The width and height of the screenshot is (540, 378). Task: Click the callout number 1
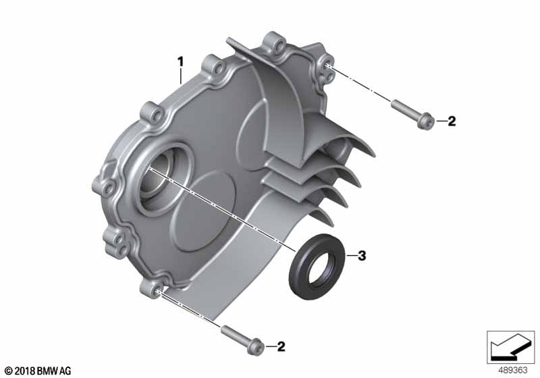(x=180, y=62)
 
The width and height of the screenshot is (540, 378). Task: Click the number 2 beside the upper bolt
(x=452, y=121)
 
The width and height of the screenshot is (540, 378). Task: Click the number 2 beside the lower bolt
(x=281, y=346)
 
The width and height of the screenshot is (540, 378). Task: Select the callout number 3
(x=362, y=256)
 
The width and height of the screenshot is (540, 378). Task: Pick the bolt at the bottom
(x=242, y=340)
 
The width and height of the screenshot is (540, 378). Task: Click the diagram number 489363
(x=513, y=371)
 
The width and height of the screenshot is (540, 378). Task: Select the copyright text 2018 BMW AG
(x=38, y=371)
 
